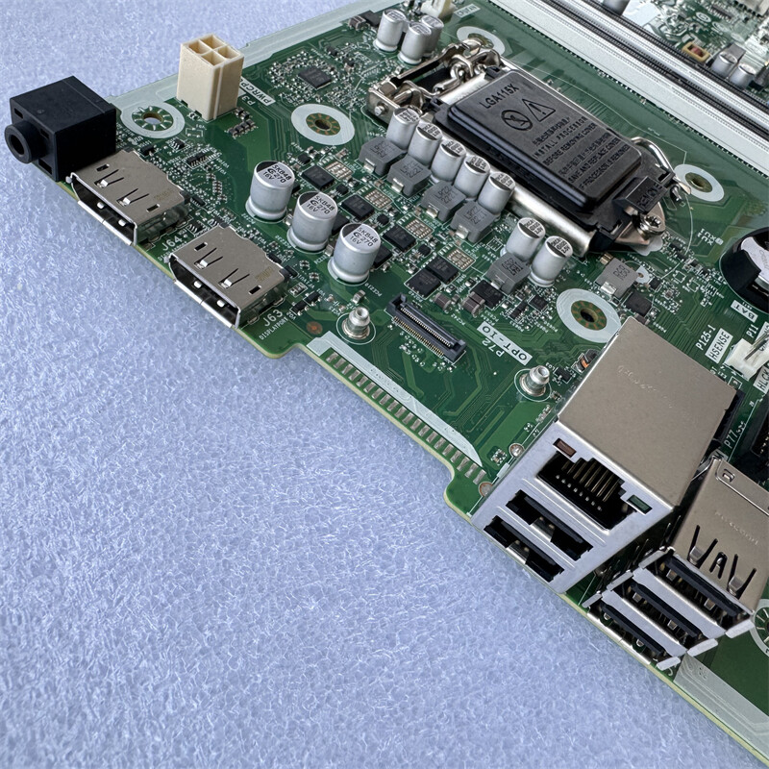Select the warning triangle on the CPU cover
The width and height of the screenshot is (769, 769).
coord(541,112)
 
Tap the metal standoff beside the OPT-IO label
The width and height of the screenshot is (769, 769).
coord(534,381)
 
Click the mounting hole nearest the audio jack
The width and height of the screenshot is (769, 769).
coord(153,119)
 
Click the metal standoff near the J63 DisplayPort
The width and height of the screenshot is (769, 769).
coord(358,322)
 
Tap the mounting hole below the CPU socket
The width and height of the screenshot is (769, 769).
coord(587,314)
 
